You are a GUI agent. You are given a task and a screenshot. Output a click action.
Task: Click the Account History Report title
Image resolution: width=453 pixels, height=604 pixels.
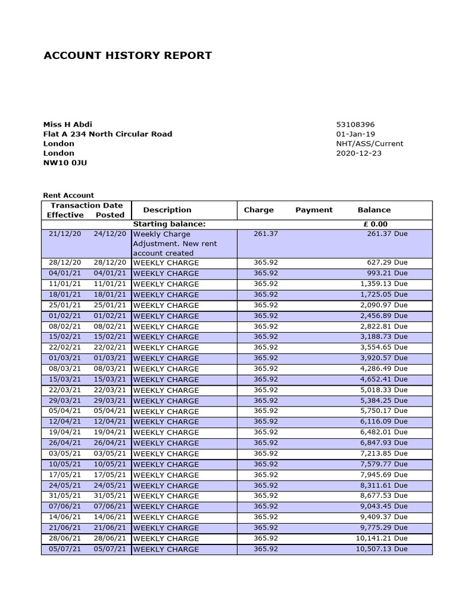click(127, 56)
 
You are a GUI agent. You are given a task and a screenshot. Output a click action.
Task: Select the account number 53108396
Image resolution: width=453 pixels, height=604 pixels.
click(354, 124)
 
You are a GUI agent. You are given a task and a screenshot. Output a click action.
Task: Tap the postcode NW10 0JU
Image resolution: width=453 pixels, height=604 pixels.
click(65, 162)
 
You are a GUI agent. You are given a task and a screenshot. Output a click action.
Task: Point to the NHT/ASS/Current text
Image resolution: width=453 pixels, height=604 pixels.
click(369, 143)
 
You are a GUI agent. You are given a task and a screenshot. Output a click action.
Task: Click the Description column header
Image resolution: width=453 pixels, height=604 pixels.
click(167, 210)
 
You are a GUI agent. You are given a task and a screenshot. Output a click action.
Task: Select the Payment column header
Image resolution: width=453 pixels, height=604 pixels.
click(314, 210)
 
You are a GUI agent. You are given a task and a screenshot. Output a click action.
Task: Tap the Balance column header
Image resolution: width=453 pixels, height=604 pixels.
click(374, 210)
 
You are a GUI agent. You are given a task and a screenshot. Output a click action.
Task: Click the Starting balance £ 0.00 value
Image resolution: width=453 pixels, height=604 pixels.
click(375, 224)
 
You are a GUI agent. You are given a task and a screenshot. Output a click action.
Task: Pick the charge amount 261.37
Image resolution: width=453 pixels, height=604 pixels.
click(265, 234)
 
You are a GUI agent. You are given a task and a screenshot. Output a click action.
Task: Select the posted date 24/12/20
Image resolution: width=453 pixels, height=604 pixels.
click(110, 234)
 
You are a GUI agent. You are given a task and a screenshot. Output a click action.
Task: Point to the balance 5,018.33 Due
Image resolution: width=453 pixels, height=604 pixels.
click(383, 390)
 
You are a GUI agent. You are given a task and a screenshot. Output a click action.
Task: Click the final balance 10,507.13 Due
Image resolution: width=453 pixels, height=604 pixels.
click(381, 549)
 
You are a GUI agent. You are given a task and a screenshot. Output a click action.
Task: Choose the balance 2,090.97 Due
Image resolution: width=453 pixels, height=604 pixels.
click(383, 305)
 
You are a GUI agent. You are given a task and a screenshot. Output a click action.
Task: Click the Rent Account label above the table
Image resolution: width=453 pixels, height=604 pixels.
click(68, 195)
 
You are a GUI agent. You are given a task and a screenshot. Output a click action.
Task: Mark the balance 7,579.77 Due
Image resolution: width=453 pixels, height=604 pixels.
click(383, 464)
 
